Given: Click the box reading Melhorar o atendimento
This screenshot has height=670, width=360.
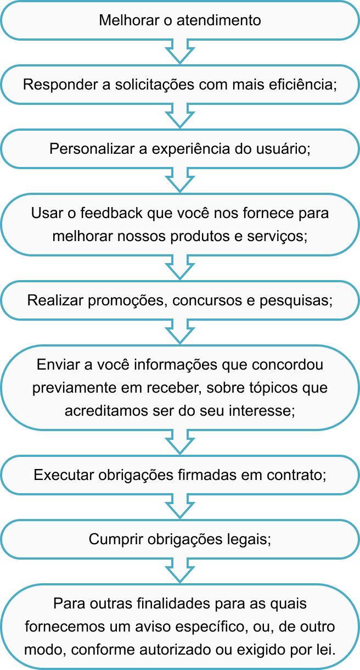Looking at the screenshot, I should [179, 21].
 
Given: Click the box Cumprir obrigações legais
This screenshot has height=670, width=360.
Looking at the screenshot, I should [179, 539].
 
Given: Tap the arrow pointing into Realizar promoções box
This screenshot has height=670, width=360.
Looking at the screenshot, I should [179, 269].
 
